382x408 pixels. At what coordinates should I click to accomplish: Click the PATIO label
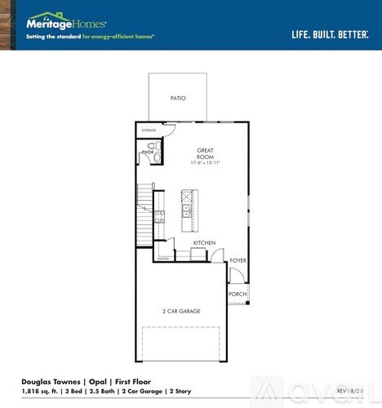tap(178, 98)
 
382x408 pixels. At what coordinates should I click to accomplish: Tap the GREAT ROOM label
tap(205, 153)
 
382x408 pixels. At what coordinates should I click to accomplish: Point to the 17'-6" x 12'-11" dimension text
tap(205, 163)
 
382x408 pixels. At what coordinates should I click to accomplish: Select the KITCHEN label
tap(203, 243)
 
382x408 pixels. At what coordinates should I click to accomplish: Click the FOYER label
tap(238, 259)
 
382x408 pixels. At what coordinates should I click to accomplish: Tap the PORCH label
tap(237, 294)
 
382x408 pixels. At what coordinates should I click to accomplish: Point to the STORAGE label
tap(149, 130)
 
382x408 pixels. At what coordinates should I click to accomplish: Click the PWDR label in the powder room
tap(148, 152)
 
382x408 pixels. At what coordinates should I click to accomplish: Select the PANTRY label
tap(162, 259)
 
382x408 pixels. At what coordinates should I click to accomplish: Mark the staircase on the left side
tap(145, 208)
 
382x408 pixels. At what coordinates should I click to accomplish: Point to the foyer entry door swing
tap(235, 275)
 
